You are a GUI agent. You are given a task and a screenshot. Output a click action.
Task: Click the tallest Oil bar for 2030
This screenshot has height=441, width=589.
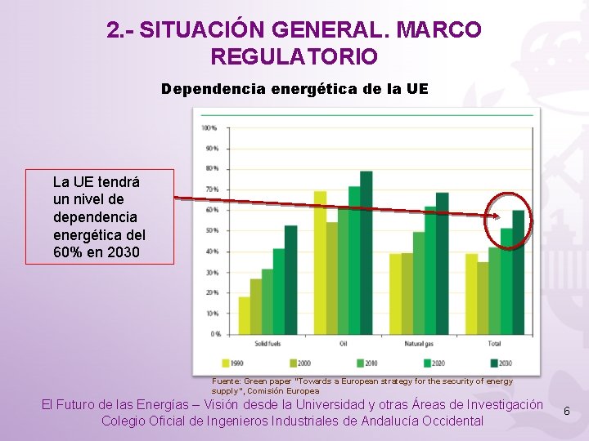coord(366,252)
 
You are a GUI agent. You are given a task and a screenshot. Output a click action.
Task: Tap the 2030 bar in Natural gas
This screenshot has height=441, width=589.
coord(442,263)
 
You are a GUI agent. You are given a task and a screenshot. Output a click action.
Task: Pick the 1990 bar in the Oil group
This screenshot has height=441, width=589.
coord(320,262)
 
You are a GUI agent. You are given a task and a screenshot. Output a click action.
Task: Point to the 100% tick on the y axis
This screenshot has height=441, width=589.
coord(209,128)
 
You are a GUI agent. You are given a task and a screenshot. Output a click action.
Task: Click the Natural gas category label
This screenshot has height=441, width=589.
coord(419,344)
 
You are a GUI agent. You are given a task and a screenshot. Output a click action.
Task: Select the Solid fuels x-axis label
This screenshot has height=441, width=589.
coord(268,344)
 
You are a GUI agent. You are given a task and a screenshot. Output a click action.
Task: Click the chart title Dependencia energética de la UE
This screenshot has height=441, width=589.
coord(294,88)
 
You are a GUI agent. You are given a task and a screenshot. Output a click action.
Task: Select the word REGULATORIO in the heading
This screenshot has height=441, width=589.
coord(294,57)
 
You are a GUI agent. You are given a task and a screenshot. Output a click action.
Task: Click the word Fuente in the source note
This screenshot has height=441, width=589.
coord(226,381)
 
